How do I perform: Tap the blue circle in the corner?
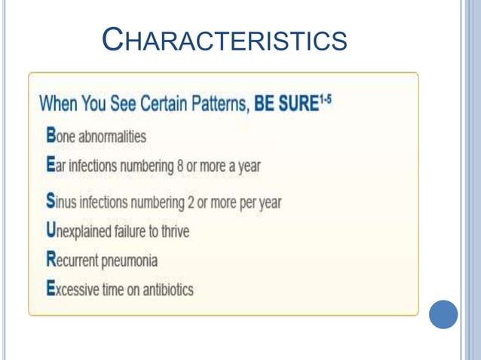(443, 314)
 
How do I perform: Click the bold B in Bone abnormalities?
(51, 136)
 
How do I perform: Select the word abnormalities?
(114, 137)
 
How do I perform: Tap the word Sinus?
(61, 203)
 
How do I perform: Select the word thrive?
(174, 231)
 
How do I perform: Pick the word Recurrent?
(72, 261)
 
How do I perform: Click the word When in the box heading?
(59, 103)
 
